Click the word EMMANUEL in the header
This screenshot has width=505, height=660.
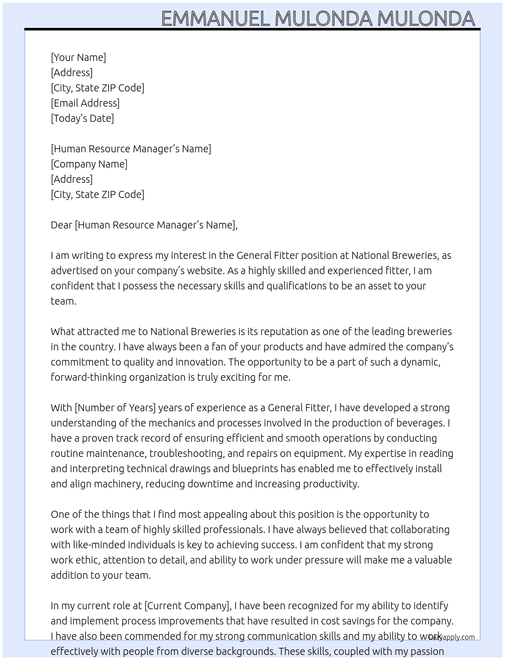coord(215,19)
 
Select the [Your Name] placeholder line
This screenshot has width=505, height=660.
coord(78,57)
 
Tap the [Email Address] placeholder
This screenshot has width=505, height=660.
coord(85,103)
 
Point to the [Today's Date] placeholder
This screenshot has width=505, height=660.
coord(82,118)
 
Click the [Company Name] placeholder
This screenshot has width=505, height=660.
coord(89,164)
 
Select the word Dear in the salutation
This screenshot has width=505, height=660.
coord(61,225)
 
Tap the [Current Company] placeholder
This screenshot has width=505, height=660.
coord(188,606)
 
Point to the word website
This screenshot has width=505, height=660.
coord(204,271)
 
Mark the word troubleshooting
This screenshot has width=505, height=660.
coord(186,453)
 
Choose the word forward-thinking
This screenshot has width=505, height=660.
coord(89,377)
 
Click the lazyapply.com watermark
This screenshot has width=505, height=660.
coord(452,637)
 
